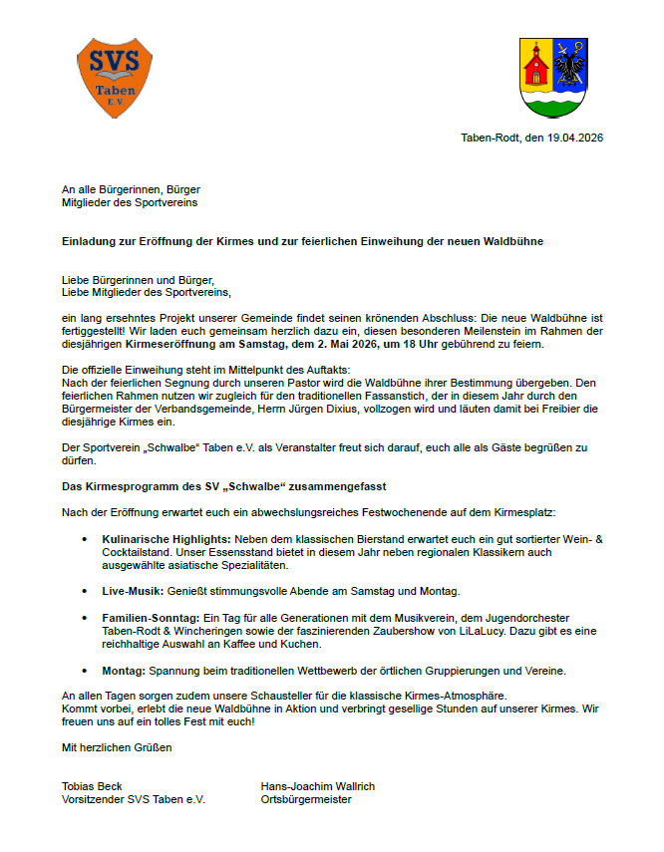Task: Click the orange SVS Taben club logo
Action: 115,75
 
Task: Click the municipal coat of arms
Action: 555,78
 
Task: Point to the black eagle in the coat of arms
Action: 572,65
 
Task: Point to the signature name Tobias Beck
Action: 92,786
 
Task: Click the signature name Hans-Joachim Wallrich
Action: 317,786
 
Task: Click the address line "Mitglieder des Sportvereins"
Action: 130,202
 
